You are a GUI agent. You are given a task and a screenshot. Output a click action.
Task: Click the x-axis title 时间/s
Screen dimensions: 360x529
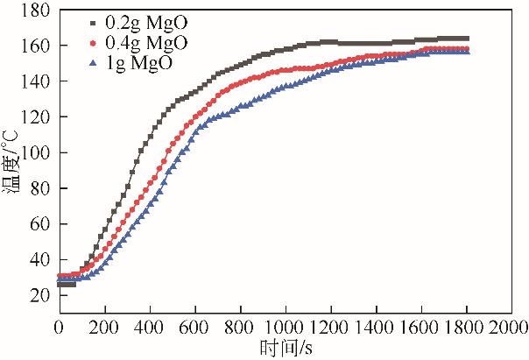(284, 349)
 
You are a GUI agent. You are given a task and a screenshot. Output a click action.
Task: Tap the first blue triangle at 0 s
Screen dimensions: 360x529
(59, 280)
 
